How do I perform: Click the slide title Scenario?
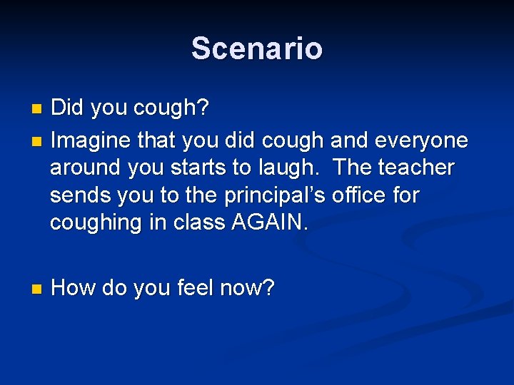tap(257, 48)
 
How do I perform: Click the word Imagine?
tap(91, 140)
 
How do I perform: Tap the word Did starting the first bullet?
tap(68, 108)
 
